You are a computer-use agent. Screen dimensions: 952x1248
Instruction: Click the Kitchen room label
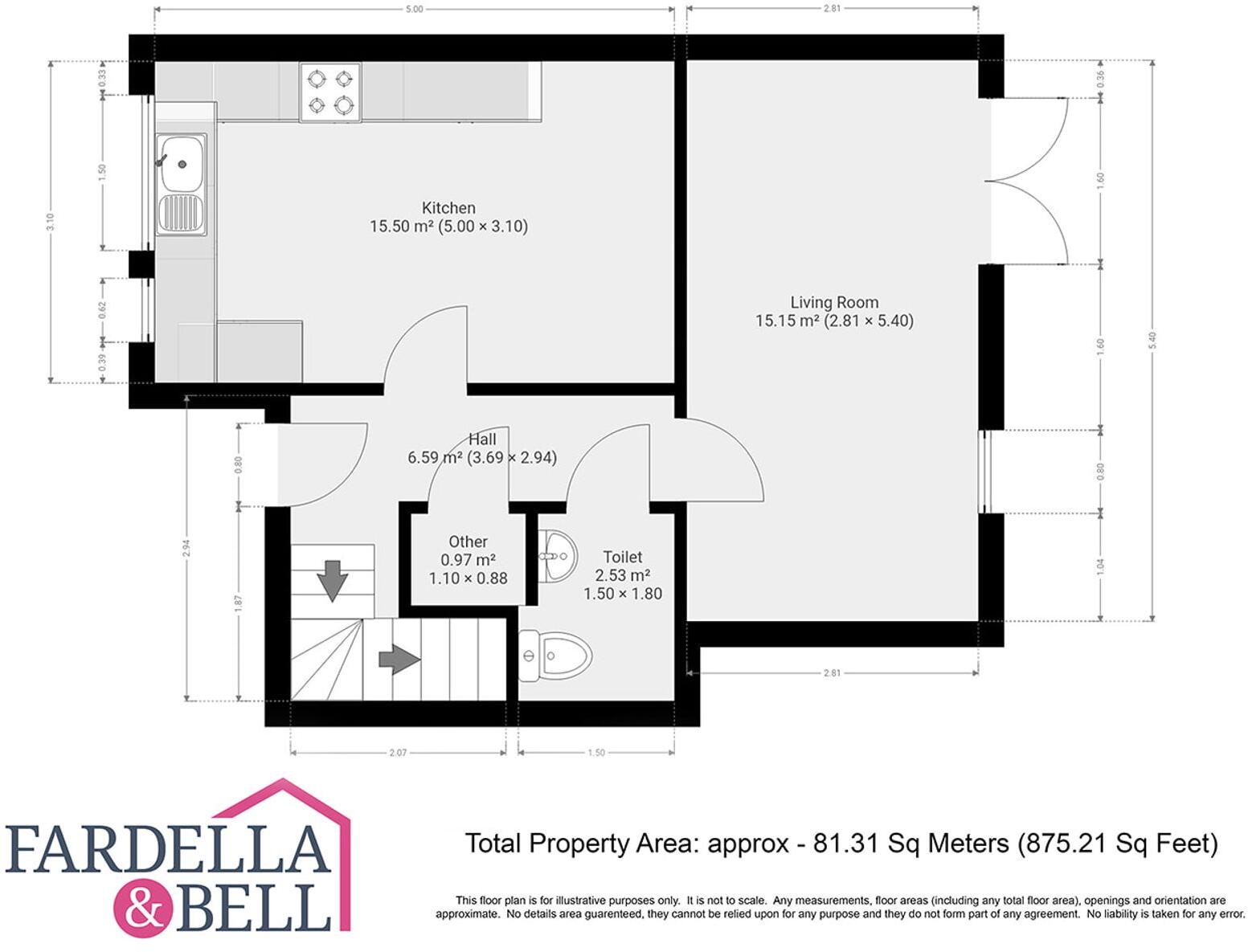448,208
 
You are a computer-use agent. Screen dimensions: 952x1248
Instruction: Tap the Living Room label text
834,303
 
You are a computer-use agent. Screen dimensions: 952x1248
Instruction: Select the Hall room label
482,439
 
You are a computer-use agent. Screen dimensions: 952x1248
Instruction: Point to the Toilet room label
622,557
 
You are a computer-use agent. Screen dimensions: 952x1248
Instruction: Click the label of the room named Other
468,541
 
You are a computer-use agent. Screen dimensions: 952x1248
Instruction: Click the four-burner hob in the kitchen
330,92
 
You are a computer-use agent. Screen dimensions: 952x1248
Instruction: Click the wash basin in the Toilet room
558,555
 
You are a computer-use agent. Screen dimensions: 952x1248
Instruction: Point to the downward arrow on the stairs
332,580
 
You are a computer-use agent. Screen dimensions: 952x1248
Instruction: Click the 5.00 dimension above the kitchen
414,10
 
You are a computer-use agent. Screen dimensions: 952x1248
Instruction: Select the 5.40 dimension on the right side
1153,341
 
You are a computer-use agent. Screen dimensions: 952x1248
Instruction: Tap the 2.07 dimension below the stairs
398,753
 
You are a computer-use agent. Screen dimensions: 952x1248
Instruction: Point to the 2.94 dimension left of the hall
186,548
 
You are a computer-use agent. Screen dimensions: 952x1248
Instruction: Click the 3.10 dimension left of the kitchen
50,222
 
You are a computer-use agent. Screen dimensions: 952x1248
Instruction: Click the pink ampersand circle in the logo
143,909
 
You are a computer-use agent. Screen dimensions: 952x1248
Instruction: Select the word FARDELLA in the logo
169,850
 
